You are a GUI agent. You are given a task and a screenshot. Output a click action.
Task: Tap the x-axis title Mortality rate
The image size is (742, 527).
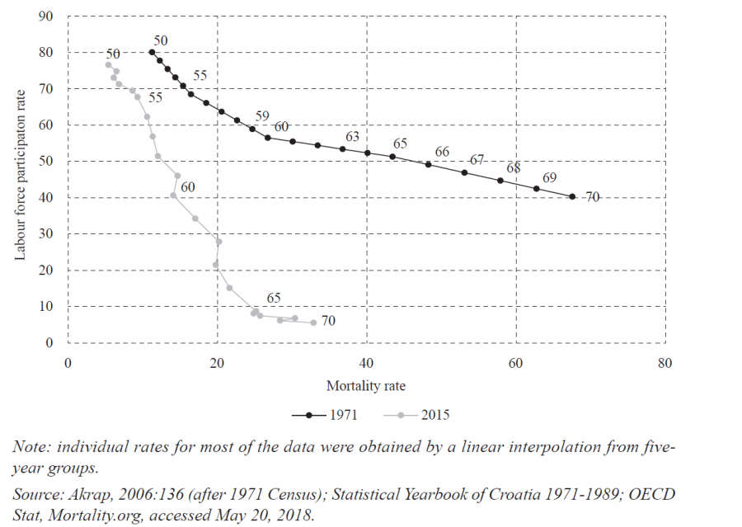pyautogui.click(x=366, y=386)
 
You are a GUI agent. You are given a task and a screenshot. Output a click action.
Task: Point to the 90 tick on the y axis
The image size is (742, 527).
pyautogui.click(x=47, y=16)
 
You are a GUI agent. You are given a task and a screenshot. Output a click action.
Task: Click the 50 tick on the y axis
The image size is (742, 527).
pyautogui.click(x=47, y=162)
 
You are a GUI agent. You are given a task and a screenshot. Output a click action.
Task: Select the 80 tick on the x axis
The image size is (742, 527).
pyautogui.click(x=665, y=363)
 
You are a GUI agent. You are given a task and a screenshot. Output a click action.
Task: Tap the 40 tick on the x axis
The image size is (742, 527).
pyautogui.click(x=366, y=363)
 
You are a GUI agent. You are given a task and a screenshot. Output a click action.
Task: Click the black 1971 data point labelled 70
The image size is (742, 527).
pyautogui.click(x=572, y=196)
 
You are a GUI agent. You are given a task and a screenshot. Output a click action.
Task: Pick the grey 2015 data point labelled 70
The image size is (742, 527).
pyautogui.click(x=313, y=322)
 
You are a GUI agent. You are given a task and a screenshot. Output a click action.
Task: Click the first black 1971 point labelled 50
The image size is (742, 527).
pyautogui.click(x=152, y=52)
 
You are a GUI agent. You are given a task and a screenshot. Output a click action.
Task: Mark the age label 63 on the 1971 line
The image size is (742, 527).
pyautogui.click(x=352, y=136)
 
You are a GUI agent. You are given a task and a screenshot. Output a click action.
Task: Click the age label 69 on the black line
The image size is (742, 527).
pyautogui.click(x=550, y=178)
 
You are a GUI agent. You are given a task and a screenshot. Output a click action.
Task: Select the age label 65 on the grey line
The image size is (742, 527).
pyautogui.click(x=275, y=299)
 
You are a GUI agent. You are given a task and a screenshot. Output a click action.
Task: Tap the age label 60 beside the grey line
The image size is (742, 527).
pyautogui.click(x=188, y=187)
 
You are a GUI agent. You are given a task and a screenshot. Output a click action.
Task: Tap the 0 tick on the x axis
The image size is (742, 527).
pyautogui.click(x=68, y=363)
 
